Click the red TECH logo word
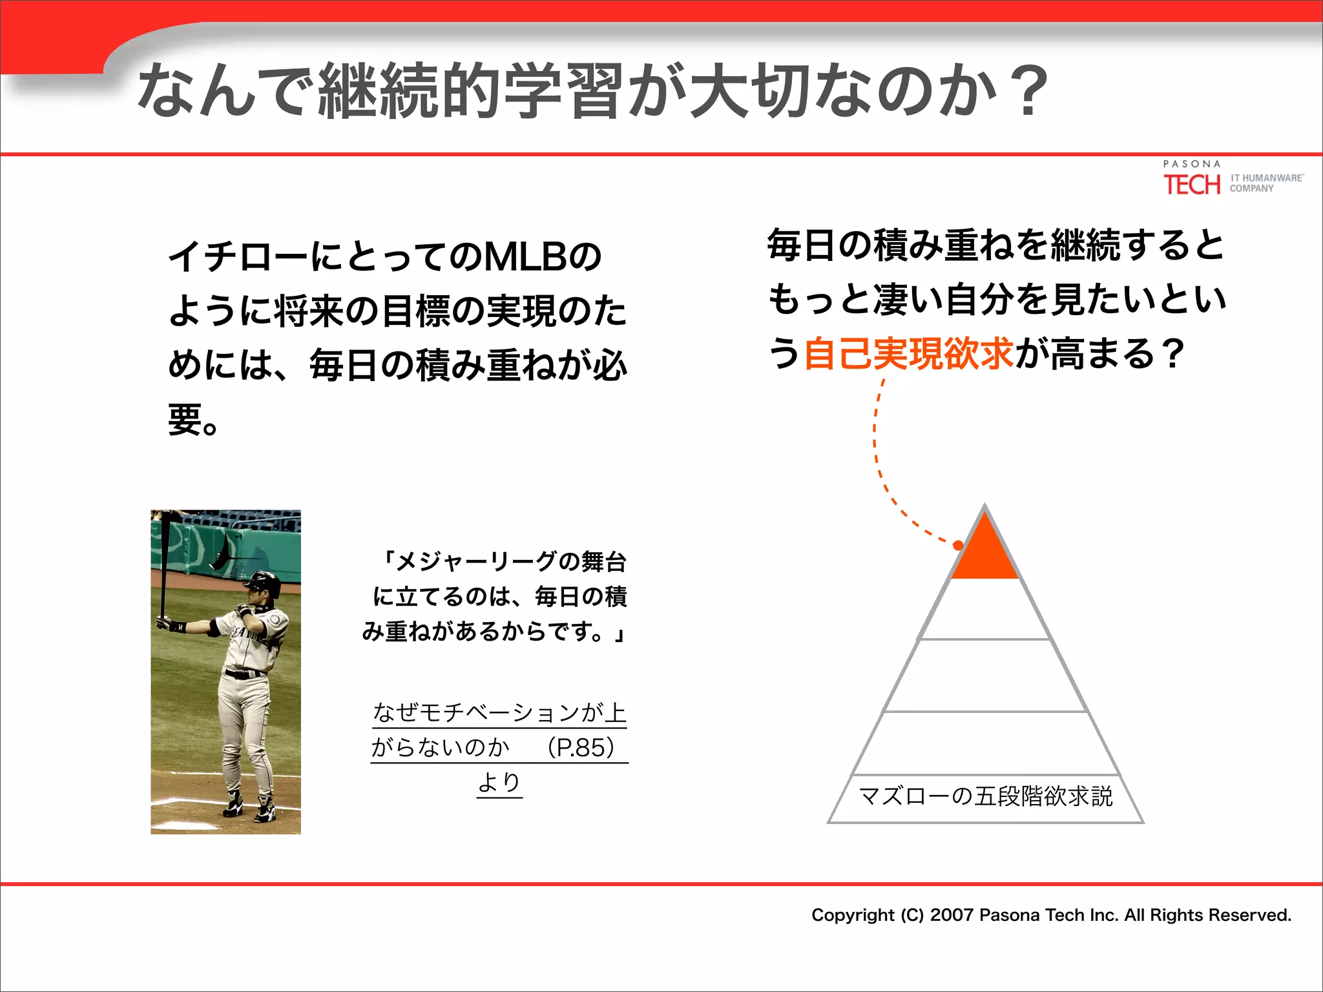click(1192, 185)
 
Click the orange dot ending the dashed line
click(959, 546)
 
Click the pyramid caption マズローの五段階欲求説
click(986, 796)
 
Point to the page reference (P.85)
click(580, 747)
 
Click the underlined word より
click(499, 782)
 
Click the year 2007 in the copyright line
click(952, 915)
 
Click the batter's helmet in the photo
click(264, 582)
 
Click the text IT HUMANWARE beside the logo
click(1266, 178)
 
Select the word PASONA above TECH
click(1192, 164)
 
